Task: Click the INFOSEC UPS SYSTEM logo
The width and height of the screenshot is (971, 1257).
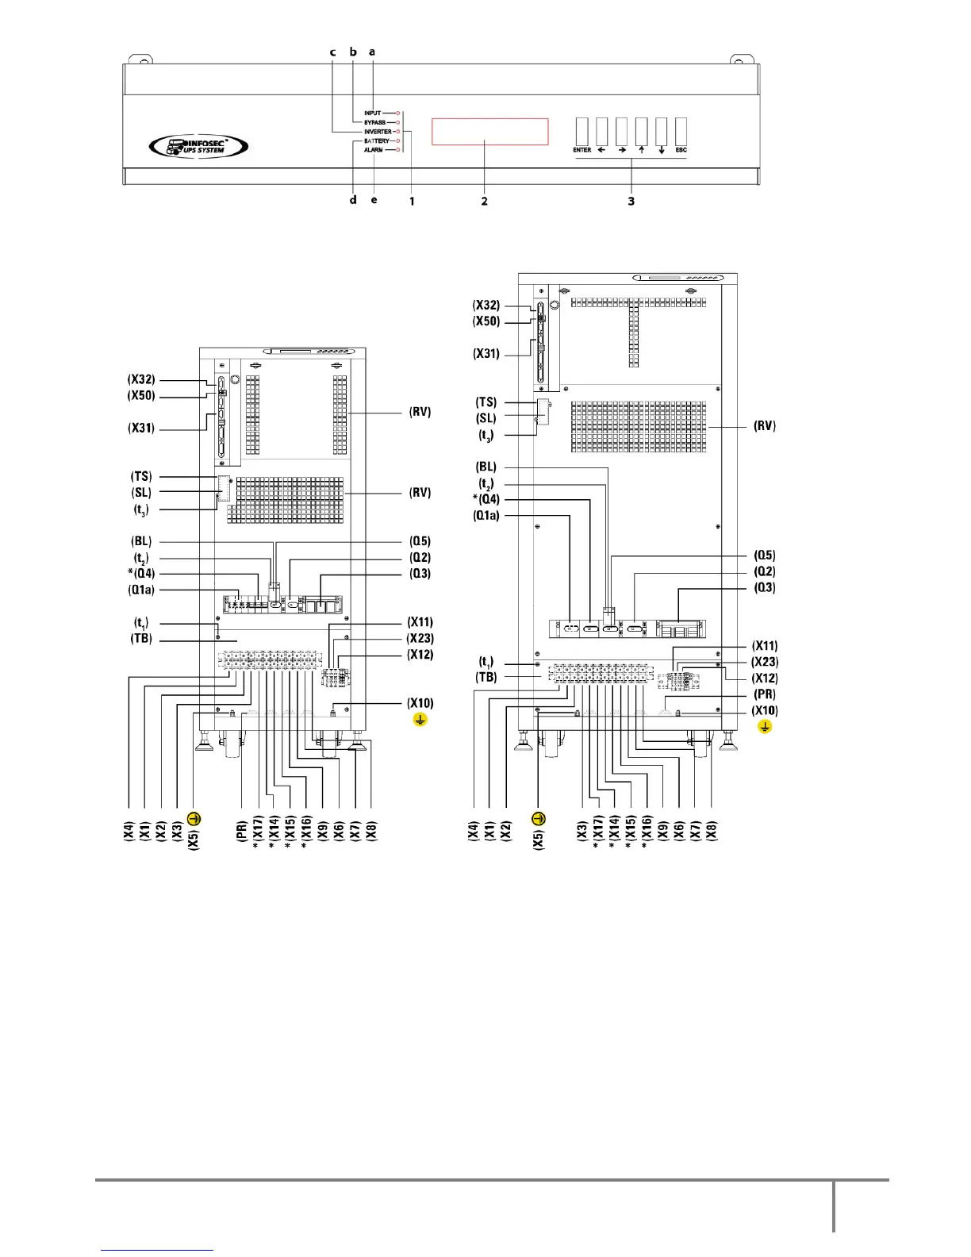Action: click(x=198, y=145)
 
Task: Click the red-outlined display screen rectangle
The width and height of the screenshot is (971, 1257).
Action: click(x=489, y=132)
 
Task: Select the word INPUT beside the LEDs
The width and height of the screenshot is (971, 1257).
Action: click(x=373, y=113)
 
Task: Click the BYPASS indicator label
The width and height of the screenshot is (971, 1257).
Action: click(x=374, y=123)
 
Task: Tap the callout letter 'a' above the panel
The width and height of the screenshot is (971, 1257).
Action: click(x=372, y=52)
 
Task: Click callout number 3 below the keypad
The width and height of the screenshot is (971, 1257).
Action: click(x=631, y=202)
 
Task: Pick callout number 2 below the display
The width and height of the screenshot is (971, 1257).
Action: click(x=484, y=202)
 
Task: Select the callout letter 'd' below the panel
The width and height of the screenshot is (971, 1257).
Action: click(x=353, y=200)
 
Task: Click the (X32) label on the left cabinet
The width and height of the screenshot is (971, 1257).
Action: click(x=141, y=380)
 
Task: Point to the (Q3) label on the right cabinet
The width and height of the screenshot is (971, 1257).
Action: click(x=765, y=588)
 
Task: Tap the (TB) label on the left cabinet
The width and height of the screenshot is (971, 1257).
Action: click(x=141, y=639)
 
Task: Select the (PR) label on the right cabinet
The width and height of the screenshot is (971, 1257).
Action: click(x=765, y=695)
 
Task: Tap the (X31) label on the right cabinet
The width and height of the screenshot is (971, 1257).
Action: click(x=485, y=354)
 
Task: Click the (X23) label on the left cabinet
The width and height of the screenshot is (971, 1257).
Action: click(x=420, y=639)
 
